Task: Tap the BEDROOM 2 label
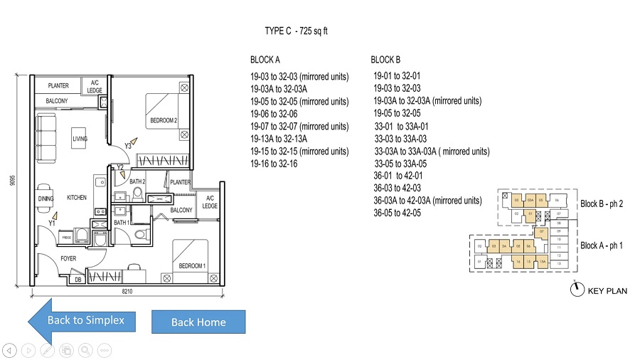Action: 164,122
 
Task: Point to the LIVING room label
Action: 80,139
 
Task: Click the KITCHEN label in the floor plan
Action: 77,197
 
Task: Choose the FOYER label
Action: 68,259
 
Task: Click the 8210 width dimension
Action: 127,292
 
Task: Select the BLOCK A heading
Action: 265,60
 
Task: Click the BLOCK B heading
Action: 385,60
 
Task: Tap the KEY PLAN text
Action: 607,290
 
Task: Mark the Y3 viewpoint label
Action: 129,146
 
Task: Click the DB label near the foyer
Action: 78,280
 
